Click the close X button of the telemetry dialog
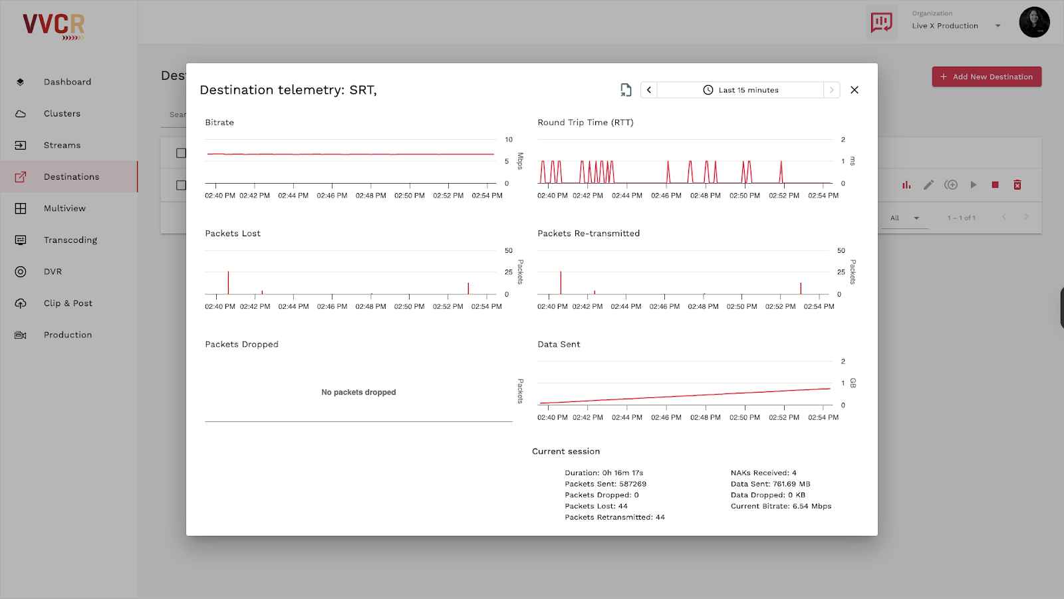pos(855,90)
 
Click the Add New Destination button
pos(986,77)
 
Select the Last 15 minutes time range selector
pos(740,90)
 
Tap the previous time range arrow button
pos(649,90)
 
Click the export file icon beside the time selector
pos(626,90)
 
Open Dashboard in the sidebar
pos(67,82)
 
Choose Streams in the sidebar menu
pos(62,145)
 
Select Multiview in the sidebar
pos(65,208)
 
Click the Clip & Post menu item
pos(68,303)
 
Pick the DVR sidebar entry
pos(53,272)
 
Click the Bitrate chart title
pos(219,122)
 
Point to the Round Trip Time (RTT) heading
pos(585,122)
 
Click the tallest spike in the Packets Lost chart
pos(228,283)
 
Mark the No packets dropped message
pos(358,393)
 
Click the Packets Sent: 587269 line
pos(605,484)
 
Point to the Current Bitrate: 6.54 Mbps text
pos(781,506)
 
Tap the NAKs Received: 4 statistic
pos(763,473)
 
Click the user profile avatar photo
pos(1034,23)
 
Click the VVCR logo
pos(54,25)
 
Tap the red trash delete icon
pos(1017,185)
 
